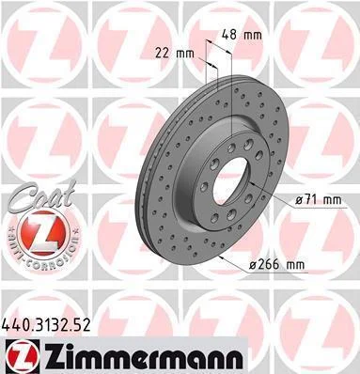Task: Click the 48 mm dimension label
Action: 242,35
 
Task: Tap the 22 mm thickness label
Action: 175,54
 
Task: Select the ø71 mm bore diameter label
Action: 319,199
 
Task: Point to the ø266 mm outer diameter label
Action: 276,265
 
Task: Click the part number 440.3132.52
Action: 46,325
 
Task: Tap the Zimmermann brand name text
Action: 142,357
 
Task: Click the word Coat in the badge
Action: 42,196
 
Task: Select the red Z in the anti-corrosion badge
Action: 43,232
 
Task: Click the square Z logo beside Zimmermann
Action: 21,356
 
